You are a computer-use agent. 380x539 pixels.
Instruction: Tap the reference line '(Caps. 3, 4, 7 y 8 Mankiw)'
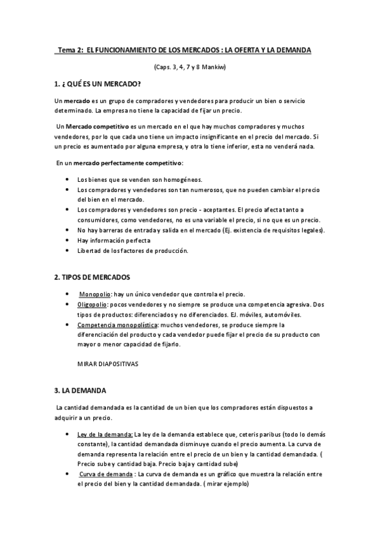190,67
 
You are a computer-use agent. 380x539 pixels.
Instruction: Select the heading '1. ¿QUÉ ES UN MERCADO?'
98,85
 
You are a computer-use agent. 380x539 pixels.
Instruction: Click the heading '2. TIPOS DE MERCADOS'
93,277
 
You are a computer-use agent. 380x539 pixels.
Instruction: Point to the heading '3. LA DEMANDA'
80,390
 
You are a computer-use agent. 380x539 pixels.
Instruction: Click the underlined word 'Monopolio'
95,294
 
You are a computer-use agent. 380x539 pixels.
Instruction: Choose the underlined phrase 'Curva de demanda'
106,474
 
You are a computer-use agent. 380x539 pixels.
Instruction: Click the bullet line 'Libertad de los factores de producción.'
133,250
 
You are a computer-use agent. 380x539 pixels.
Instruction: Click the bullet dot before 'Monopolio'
68,294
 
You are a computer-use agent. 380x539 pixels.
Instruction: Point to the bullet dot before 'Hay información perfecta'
68,240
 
